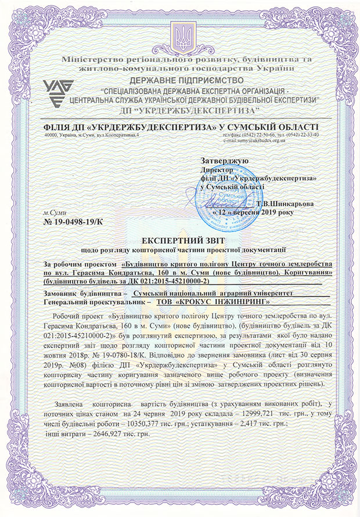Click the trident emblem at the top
coord(179,35)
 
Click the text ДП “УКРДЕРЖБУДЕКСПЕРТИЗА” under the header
coord(181,110)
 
